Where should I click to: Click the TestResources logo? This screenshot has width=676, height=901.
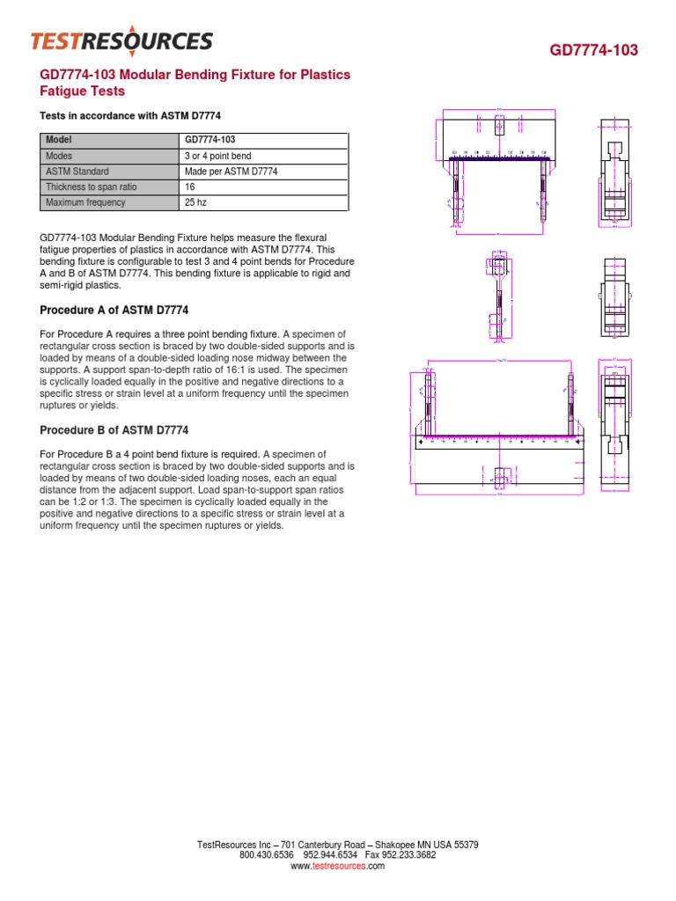(121, 40)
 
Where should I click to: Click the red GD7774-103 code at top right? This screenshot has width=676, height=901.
(594, 50)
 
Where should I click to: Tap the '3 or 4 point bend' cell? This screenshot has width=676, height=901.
(217, 156)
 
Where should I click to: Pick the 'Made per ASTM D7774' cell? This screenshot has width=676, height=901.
(231, 172)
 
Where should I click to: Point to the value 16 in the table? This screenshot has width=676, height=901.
(190, 187)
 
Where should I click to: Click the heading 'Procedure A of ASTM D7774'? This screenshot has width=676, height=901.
(114, 311)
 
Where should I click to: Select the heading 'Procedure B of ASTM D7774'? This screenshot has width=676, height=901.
(114, 430)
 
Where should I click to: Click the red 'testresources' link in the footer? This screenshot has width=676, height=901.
(339, 866)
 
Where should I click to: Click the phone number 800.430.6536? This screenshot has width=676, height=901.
(267, 855)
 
